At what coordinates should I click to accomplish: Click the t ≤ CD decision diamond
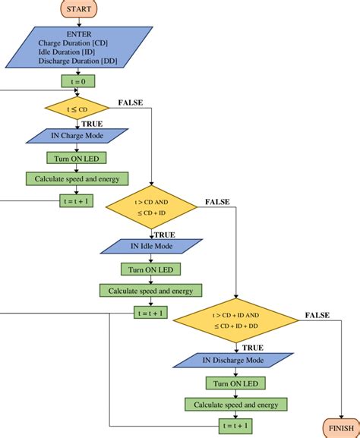[77, 109]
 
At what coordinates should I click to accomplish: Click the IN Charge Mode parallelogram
[77, 136]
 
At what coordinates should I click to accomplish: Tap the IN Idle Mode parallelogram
[152, 247]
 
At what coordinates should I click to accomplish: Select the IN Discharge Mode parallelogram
[238, 360]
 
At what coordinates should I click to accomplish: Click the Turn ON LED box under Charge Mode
[77, 158]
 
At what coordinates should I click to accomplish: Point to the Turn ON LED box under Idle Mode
[152, 269]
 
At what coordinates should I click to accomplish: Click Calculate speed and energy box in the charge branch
[77, 179]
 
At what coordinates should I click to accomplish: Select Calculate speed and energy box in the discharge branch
[237, 404]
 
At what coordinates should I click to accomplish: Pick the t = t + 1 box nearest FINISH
[237, 425]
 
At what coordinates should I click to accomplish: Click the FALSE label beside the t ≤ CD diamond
[132, 102]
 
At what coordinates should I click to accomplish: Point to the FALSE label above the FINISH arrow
[317, 314]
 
